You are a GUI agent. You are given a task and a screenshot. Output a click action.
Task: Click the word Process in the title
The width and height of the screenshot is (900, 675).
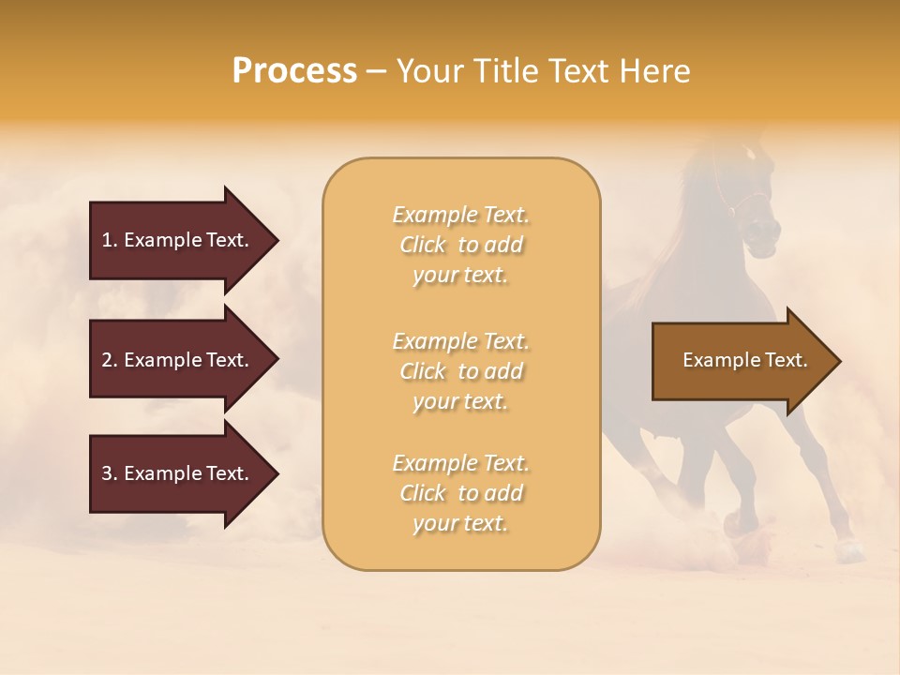[x=294, y=71]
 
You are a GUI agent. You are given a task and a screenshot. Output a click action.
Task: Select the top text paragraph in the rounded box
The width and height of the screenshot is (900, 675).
[x=461, y=245]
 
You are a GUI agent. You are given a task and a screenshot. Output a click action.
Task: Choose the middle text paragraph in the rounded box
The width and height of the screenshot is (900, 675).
[x=461, y=371]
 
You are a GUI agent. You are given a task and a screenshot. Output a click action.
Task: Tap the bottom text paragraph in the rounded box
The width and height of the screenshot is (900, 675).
[x=461, y=493]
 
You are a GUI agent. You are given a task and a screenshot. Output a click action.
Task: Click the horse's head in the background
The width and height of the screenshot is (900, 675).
[x=755, y=211]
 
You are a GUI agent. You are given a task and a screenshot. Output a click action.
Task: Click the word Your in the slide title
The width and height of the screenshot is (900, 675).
[x=427, y=71]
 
